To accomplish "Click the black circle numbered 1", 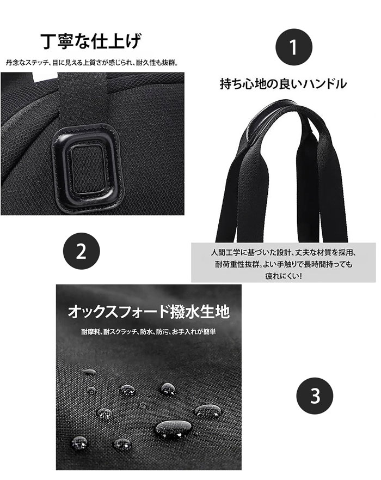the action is pyautogui.click(x=294, y=47).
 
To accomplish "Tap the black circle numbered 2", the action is pyautogui.click(x=81, y=251).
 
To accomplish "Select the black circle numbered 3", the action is pyautogui.click(x=315, y=396).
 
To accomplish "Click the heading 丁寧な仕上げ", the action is pyautogui.click(x=91, y=41).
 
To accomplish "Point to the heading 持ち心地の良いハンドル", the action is pyautogui.click(x=283, y=83).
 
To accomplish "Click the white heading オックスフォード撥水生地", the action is pyautogui.click(x=149, y=312).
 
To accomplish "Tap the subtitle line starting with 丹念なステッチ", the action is pyautogui.click(x=92, y=63).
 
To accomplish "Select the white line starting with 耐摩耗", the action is pyautogui.click(x=149, y=331).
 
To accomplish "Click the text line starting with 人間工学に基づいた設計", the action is pyautogui.click(x=284, y=253).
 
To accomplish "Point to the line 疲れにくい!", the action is pyautogui.click(x=284, y=276).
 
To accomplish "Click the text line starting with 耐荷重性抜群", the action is pyautogui.click(x=284, y=264).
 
